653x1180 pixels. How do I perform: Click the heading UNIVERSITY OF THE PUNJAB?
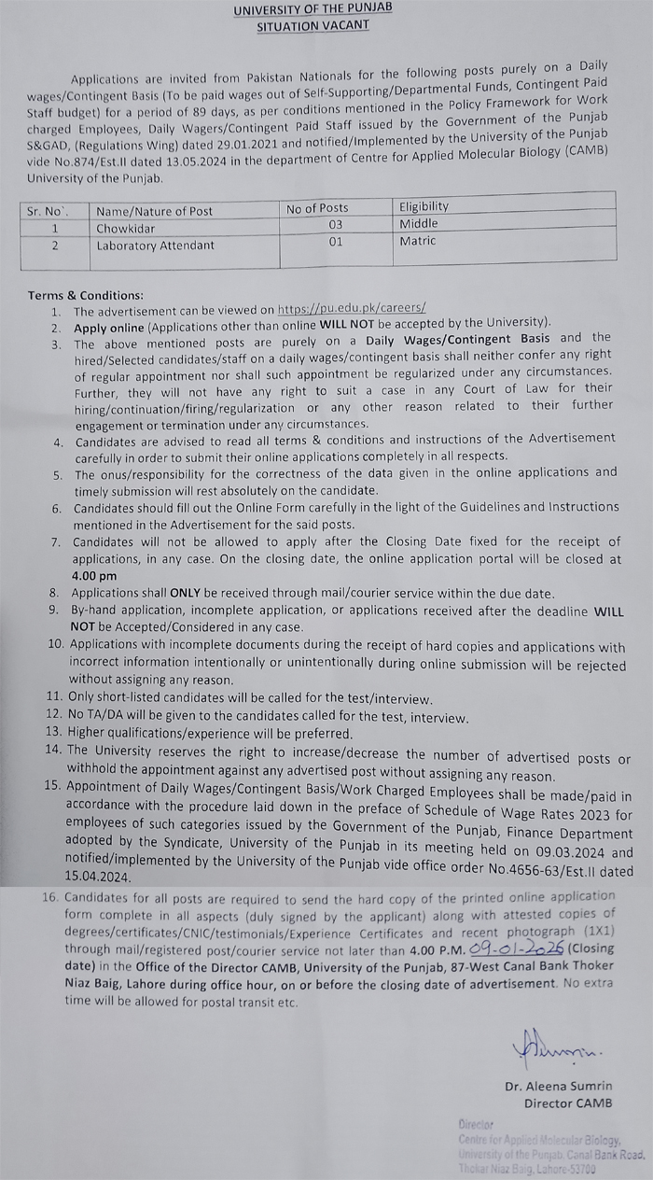(x=313, y=8)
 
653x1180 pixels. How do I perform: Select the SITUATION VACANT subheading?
(x=313, y=25)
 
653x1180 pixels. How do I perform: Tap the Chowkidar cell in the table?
(x=126, y=227)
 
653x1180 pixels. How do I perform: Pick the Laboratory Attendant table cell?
(x=155, y=246)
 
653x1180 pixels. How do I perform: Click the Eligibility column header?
(x=424, y=206)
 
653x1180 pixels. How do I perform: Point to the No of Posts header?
(x=317, y=208)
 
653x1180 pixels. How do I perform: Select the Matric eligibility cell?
(x=418, y=241)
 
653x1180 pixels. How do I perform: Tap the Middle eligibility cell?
(x=418, y=223)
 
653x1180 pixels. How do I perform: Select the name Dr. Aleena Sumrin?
(x=559, y=1086)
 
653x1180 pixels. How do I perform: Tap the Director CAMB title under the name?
(x=568, y=1103)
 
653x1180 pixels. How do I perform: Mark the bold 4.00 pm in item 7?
(x=94, y=576)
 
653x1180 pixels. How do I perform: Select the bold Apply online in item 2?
(x=109, y=328)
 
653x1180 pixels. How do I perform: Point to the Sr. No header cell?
(x=48, y=211)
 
